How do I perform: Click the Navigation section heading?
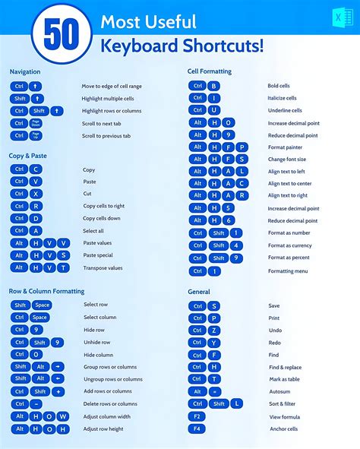coord(25,71)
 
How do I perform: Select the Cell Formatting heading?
coord(210,71)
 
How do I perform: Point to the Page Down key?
coord(36,123)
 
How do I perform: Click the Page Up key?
coord(36,135)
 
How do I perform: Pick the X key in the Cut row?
coord(36,194)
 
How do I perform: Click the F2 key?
coord(197,416)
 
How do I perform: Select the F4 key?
coord(197,428)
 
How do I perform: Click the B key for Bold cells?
coord(214,86)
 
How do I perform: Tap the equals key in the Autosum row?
coord(215,391)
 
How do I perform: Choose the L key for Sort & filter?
coord(237,403)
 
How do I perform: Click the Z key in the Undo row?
coord(214,330)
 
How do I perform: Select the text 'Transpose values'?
coord(103,267)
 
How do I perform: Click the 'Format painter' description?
coord(286,147)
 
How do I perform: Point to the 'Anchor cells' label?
coord(283,428)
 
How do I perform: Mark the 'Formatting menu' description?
coord(288,270)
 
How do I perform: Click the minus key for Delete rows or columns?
coord(36,403)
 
